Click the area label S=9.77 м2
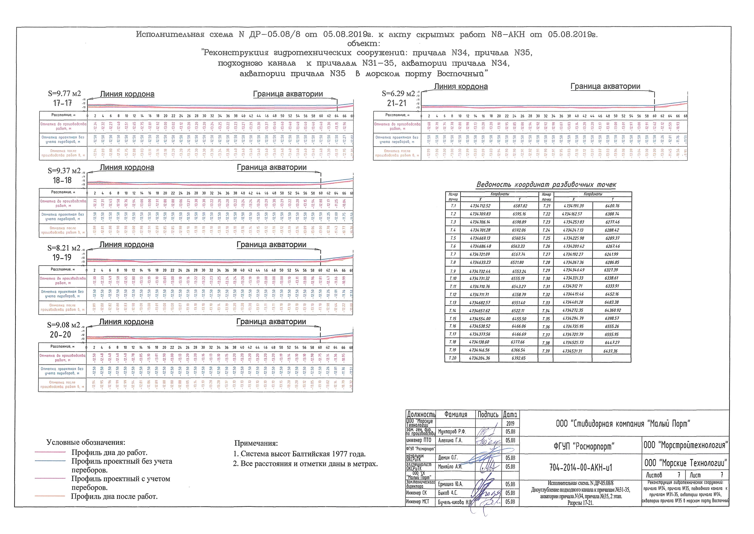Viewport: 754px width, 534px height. [64, 94]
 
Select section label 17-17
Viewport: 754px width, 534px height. [62, 103]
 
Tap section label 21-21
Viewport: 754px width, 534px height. [397, 103]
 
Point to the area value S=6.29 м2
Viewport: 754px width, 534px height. [398, 94]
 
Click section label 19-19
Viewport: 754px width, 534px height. [62, 257]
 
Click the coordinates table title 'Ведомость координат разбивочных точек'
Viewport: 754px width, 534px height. [546, 185]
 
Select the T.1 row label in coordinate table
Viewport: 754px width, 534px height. [453, 206]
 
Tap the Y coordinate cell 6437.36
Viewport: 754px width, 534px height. [610, 351]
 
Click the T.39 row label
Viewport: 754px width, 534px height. [546, 351]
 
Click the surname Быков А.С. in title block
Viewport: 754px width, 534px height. [447, 493]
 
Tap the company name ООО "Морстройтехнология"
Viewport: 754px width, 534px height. [685, 445]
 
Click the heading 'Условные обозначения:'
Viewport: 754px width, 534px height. [86, 442]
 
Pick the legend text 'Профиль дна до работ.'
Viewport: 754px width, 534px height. [109, 453]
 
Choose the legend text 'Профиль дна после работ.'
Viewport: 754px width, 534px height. [114, 496]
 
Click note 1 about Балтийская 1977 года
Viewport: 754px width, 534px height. [300, 454]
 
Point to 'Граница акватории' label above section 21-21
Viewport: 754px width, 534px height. [605, 87]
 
